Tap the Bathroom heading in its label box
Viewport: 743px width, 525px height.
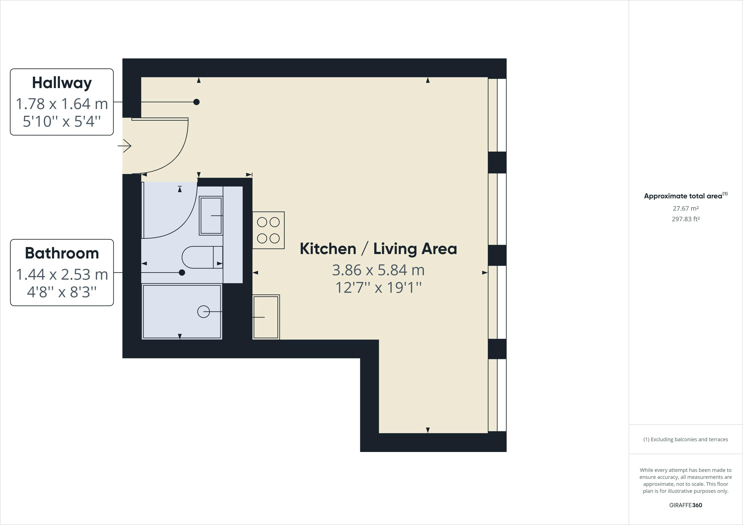click(x=62, y=253)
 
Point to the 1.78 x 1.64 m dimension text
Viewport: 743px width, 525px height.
click(x=62, y=104)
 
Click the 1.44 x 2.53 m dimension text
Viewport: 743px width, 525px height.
click(x=62, y=274)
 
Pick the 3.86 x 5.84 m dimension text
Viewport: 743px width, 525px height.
click(x=378, y=270)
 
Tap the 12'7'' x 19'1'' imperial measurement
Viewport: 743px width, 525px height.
click(x=378, y=287)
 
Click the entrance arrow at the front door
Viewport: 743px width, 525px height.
click(x=124, y=146)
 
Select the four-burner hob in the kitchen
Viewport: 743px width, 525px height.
click(x=268, y=230)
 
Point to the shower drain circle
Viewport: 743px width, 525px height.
click(x=204, y=311)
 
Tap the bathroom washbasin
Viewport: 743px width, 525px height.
click(x=211, y=216)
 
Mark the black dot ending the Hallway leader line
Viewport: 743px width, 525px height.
click(x=196, y=102)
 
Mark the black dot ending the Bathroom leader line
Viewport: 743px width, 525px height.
click(x=182, y=273)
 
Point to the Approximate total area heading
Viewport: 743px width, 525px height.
click(x=685, y=196)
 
